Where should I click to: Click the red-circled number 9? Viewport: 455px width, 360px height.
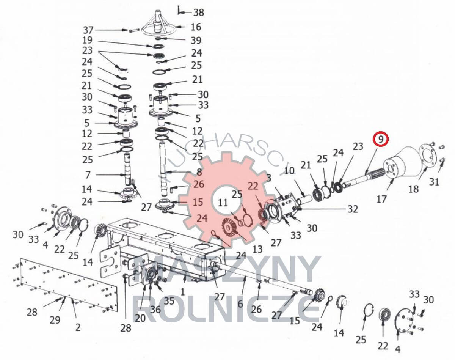pos(381,139)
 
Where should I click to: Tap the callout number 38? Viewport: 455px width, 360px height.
pos(199,13)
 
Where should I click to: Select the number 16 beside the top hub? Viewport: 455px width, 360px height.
pos(196,27)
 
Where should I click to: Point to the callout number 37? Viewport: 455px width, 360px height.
pos(88,30)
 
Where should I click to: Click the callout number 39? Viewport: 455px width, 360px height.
pos(196,40)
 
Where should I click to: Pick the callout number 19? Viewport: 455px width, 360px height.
pos(87,40)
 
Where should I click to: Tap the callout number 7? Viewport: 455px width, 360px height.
pos(88,175)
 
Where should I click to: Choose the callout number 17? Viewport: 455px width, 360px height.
pos(381,199)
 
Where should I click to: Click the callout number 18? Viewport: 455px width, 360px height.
pos(414,189)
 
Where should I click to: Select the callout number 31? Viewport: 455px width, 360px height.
pos(434,182)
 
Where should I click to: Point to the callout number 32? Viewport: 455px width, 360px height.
pos(353,209)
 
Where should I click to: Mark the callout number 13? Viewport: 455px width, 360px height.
pos(257,250)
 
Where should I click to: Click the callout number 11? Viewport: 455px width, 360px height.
pos(223,203)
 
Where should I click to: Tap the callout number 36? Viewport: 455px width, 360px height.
pos(155,310)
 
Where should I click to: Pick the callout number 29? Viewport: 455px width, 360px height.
pos(55,320)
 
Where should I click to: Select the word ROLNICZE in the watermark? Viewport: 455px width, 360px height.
pos(226,309)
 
